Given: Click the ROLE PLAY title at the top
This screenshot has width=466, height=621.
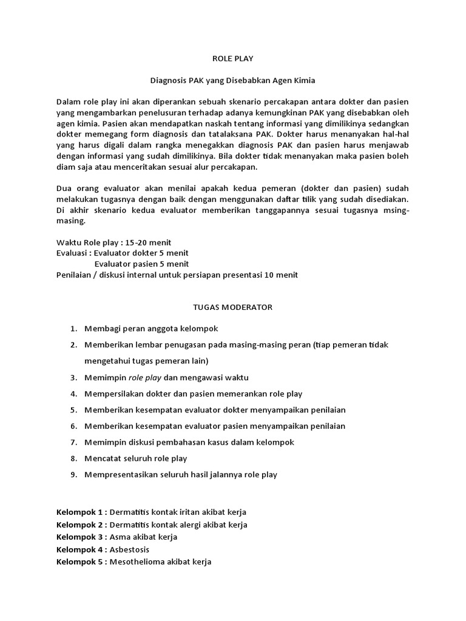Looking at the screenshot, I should (233, 59).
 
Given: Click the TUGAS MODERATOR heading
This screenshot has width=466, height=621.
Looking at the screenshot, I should (233, 307).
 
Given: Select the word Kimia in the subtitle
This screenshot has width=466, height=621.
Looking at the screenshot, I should (304, 79).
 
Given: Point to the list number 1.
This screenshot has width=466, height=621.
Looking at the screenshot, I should (73, 328).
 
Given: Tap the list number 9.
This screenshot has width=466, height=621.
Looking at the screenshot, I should (73, 475).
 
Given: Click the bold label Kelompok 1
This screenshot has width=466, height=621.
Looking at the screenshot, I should (80, 512).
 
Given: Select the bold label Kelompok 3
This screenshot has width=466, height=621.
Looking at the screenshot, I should (80, 537).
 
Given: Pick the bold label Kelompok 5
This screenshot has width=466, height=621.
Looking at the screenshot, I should (80, 562).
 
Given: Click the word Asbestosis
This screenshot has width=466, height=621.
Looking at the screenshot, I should (129, 549).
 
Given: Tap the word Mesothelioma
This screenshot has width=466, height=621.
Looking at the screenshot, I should (138, 562).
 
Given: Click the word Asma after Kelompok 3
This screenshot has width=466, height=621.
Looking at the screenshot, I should (120, 537).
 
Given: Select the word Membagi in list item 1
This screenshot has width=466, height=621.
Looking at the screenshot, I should (102, 328).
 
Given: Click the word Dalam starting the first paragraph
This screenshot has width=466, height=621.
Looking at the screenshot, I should (68, 101).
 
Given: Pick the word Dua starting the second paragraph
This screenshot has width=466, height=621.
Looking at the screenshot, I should (64, 188).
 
